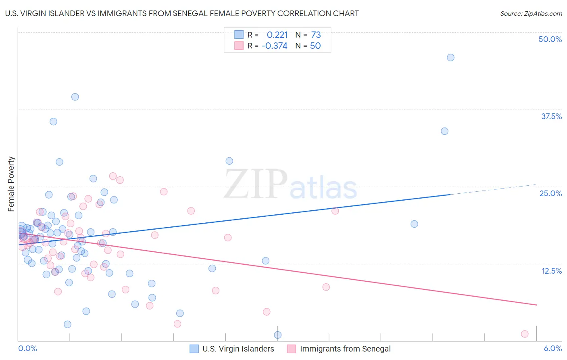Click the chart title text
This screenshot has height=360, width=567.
(182, 13)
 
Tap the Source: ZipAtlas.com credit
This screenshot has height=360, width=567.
(531, 13)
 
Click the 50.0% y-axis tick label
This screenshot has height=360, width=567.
(550, 39)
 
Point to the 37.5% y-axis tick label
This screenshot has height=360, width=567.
(551, 116)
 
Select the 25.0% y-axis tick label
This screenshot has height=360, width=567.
(550, 193)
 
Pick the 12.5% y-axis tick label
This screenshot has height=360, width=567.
(551, 271)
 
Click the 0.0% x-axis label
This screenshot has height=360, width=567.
(27, 349)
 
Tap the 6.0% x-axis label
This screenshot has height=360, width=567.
(552, 349)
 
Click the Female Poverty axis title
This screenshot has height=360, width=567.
(11, 184)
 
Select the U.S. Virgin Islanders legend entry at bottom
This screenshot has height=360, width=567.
(238, 349)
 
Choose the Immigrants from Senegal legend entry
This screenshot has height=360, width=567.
(345, 349)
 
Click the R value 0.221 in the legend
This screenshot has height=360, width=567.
(277, 35)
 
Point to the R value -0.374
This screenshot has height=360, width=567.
(274, 46)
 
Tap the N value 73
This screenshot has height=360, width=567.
(316, 35)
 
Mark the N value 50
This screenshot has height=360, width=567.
(315, 46)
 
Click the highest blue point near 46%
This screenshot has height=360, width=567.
(450, 57)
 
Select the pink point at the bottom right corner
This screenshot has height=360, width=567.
(525, 334)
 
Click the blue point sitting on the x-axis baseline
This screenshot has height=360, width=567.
(277, 335)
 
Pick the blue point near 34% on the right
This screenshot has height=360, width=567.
(444, 131)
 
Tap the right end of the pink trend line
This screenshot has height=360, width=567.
(536, 305)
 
